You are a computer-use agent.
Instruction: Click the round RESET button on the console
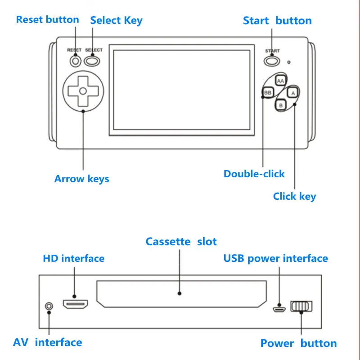[x=75, y=60]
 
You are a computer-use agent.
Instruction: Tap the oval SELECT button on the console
[x=93, y=60]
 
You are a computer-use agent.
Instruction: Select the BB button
[x=268, y=93]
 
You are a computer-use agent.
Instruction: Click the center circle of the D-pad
[x=82, y=90]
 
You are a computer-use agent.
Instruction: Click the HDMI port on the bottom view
[x=76, y=305]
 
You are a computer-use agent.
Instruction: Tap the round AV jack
[x=49, y=306]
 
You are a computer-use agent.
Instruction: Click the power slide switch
[x=301, y=306]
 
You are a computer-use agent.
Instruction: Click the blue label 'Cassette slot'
[x=181, y=242]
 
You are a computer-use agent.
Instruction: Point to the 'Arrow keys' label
[x=81, y=179]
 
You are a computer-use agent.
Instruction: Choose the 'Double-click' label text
[x=254, y=174]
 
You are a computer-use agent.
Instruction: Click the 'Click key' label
[x=294, y=197]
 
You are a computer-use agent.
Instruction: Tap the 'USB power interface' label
[x=275, y=259]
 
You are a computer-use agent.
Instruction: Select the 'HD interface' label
[x=73, y=259]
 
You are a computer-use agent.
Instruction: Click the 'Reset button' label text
[x=47, y=20]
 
